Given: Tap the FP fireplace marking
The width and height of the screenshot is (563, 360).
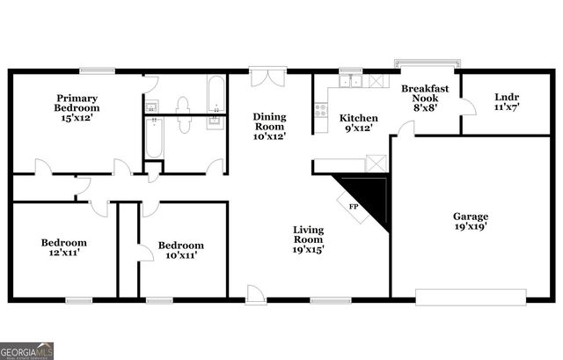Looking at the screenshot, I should point(354,206).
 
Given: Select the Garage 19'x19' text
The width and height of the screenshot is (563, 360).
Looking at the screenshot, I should point(471,221).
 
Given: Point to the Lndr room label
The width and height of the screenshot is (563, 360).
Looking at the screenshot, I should point(506,102).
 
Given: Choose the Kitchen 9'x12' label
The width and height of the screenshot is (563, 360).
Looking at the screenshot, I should point(359,123).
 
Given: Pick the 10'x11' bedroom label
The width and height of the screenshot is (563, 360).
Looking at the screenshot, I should point(180,250).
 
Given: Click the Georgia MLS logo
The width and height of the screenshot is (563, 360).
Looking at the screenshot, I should point(26,350).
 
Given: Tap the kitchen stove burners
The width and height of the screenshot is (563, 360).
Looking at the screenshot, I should point(321,112).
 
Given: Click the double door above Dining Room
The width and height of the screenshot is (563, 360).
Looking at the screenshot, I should point(264,77).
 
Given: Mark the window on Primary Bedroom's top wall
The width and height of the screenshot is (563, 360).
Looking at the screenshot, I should point(96,70).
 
